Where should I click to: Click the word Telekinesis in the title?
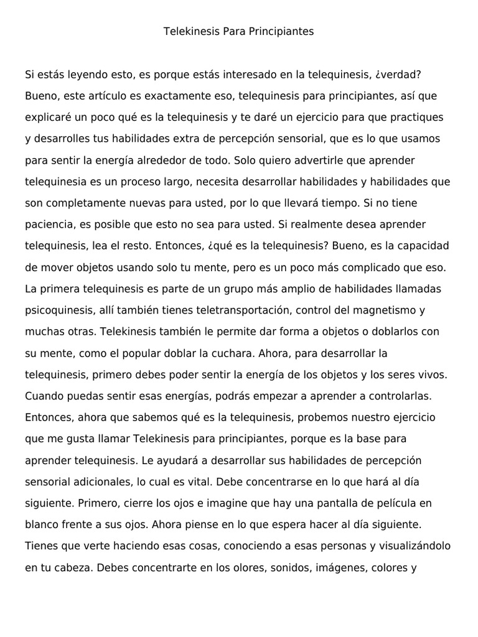point(189,30)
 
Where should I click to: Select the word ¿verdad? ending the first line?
point(399,75)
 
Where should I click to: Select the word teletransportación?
point(243,310)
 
